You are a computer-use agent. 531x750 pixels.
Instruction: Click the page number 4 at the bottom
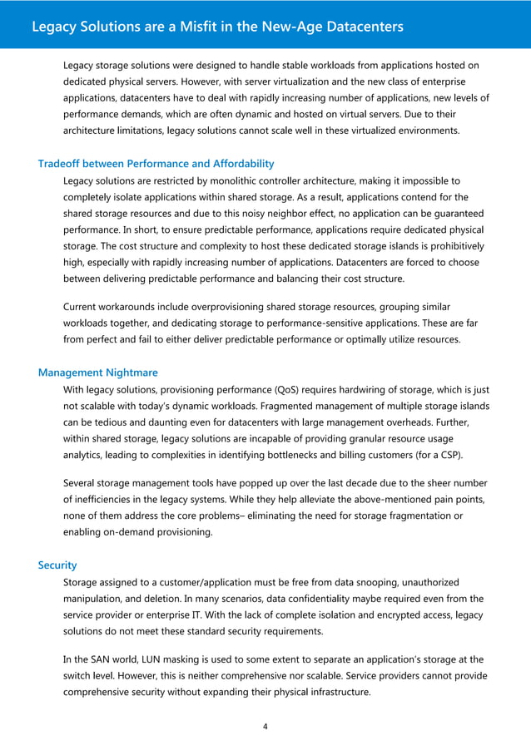[265, 726]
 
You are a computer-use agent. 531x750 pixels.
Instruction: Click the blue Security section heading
[57, 565]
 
